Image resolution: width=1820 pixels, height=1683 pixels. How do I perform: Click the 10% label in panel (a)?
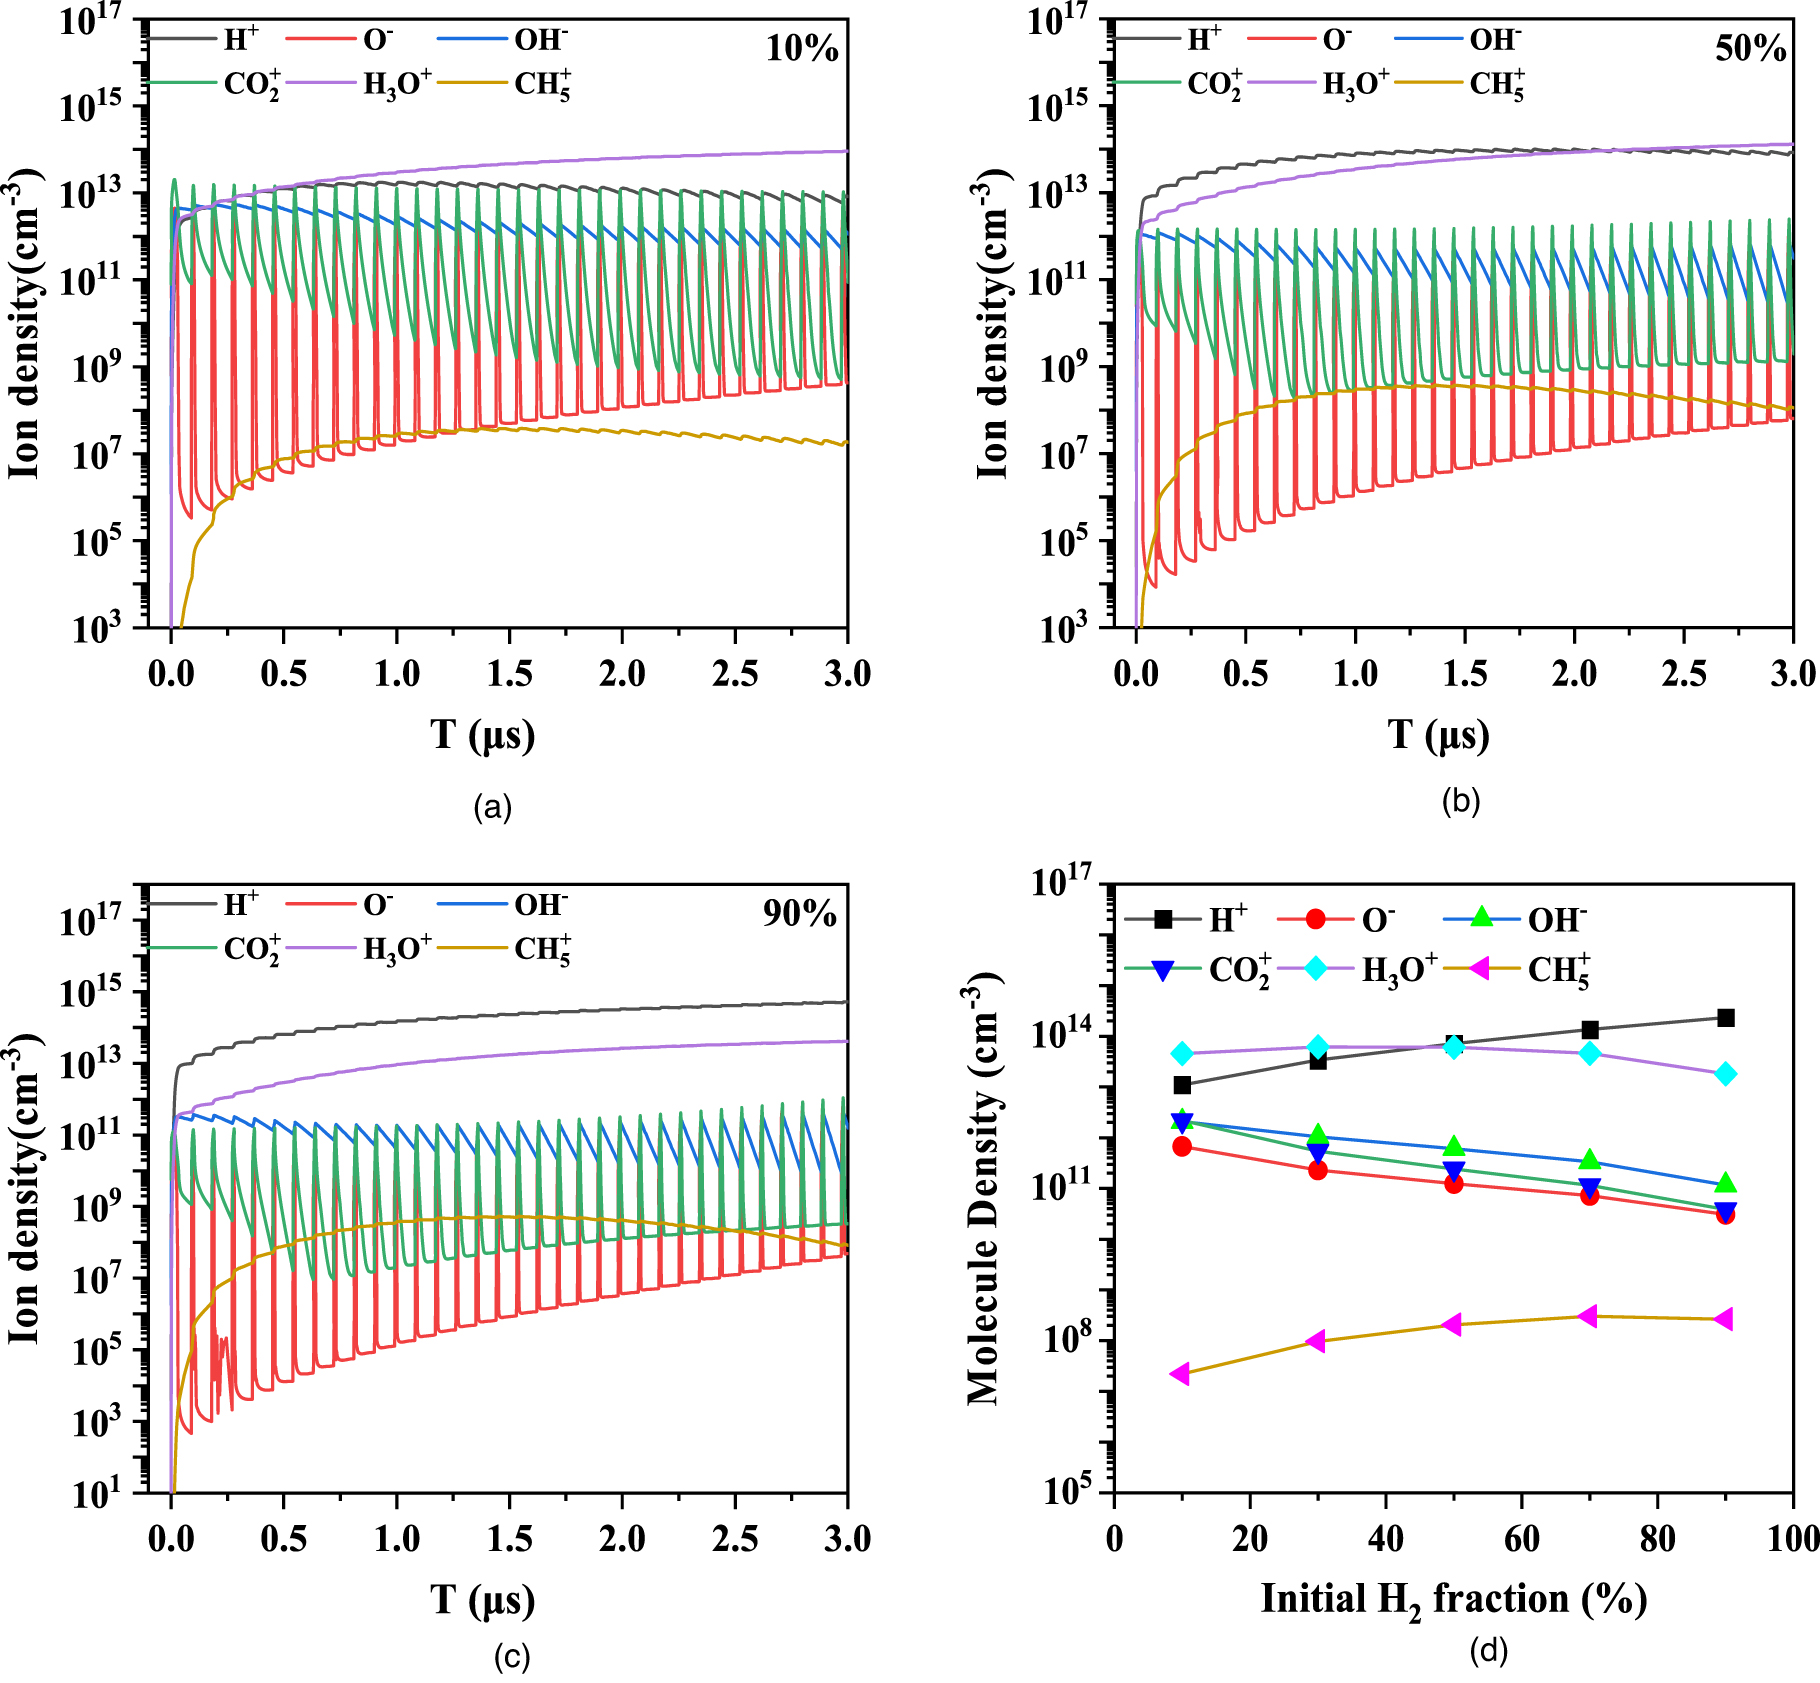point(801,49)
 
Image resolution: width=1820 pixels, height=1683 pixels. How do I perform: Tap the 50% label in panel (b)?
point(1750,49)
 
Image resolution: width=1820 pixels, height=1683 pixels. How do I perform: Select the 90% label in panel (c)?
point(799,913)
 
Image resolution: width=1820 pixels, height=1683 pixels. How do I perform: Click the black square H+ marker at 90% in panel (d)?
point(1725,1018)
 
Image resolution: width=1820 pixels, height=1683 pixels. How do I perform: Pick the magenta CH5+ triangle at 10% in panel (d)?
point(1180,1374)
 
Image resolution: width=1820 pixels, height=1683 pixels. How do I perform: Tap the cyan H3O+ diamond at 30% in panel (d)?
point(1318,1047)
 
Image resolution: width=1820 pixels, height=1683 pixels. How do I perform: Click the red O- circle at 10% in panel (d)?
point(1182,1146)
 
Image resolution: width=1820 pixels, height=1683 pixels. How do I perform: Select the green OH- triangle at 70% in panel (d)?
point(1589,1160)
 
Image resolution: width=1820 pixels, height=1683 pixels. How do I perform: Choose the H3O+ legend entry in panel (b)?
point(1355,85)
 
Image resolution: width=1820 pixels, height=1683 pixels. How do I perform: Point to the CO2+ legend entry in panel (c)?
point(251,949)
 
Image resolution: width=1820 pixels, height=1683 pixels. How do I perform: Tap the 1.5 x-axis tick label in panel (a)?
point(509,674)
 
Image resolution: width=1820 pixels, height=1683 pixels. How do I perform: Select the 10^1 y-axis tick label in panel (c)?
point(96,1492)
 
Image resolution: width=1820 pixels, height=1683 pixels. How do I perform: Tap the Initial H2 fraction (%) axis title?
point(1453,1599)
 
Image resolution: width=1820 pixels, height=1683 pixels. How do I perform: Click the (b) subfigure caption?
point(1460,801)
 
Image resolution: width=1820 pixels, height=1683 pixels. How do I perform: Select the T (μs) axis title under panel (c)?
point(483,1599)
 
